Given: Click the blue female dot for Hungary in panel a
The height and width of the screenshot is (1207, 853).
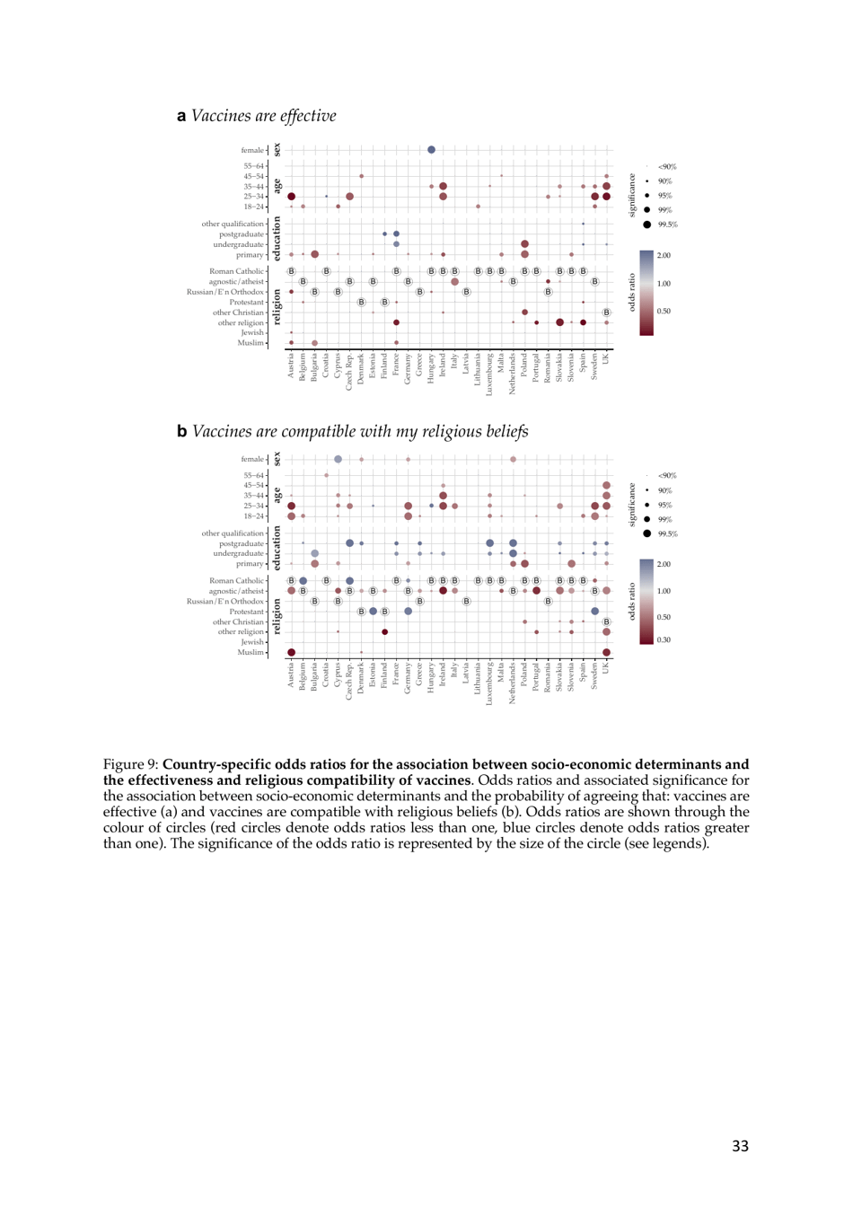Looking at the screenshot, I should coord(431,150).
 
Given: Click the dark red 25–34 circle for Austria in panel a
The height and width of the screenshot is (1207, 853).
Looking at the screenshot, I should coord(291,197).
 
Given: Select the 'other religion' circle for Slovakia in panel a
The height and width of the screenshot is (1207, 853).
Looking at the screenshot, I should coord(559,322).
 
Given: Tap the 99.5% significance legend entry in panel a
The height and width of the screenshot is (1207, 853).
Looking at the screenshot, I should coord(647,225).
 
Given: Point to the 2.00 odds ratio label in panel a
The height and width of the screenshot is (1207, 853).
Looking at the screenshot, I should coord(664,256).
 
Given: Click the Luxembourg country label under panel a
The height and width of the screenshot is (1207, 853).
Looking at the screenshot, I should coord(490,376).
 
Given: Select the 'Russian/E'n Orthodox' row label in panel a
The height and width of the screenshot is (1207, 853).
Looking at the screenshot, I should coord(225,292).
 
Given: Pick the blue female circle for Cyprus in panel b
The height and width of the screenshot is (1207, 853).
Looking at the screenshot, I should coord(338,460).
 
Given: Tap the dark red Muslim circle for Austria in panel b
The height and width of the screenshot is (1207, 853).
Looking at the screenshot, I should coord(291,653).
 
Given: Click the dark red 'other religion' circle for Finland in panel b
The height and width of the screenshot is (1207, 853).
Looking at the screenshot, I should coord(384,632).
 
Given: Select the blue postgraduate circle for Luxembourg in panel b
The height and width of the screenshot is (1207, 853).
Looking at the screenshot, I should coord(489,543).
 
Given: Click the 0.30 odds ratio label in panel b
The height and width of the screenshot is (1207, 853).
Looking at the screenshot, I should coord(664,640).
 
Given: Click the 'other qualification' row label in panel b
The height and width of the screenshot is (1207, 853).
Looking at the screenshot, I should coord(233,533).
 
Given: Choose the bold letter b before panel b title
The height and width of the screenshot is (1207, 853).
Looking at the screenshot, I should coord(182,432).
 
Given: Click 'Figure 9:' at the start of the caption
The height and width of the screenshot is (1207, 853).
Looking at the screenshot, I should coord(130,765).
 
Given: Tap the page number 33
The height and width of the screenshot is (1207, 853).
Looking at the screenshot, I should coord(740,1146).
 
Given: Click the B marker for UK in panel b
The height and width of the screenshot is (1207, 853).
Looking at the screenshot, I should coord(606,621).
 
